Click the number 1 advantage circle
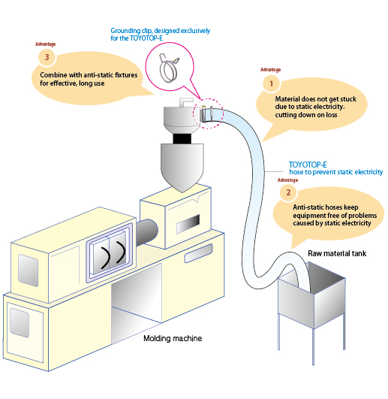pos(272,83)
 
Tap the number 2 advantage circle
pos(288,192)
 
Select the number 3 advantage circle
pos(47,57)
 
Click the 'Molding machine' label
pos(173,338)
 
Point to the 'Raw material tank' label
pos(337,253)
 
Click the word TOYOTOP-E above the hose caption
pos(308,165)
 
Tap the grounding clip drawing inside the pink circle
pos(168,68)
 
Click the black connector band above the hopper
pos(182,138)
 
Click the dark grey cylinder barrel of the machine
pos(147,231)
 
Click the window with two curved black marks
pos(110,252)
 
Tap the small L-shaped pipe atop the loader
pos(185,101)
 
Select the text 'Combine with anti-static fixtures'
pos(89,75)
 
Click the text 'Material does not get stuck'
pos(316,98)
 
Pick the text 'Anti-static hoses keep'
pos(326,207)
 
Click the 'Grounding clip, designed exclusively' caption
pos(161,31)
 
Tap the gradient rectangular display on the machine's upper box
pos(188,224)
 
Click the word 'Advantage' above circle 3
pos(46,44)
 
